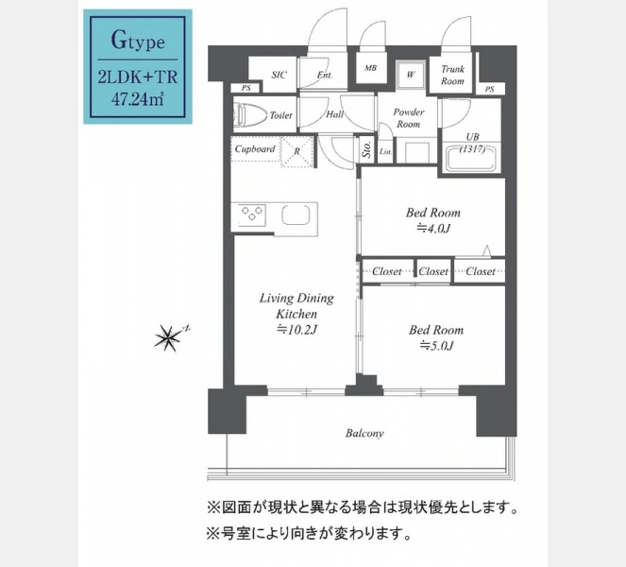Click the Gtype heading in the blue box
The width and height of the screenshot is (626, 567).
[x=138, y=41]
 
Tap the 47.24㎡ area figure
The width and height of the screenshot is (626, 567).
[x=137, y=99]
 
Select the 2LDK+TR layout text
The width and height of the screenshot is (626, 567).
[x=138, y=77]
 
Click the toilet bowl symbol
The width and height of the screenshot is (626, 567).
[x=250, y=114]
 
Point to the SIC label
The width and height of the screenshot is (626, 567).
[x=279, y=75]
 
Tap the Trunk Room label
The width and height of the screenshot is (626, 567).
[x=452, y=75]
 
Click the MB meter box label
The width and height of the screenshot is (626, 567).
[x=370, y=68]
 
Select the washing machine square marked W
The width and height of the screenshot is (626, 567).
[x=411, y=75]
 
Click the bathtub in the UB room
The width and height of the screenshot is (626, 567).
[x=473, y=159]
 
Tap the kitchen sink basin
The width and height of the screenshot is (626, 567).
[x=296, y=215]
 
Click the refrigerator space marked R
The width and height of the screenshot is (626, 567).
[x=296, y=152]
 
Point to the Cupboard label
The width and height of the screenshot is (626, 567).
[x=255, y=149]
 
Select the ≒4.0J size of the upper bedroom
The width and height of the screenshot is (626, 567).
[x=433, y=229]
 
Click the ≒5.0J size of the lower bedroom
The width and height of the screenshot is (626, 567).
[x=436, y=346]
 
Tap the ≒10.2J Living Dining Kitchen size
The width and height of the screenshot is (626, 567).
[x=296, y=330]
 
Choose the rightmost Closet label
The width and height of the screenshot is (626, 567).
[x=481, y=272]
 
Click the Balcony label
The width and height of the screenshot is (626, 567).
[x=364, y=434]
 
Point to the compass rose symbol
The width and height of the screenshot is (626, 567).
[x=168, y=337]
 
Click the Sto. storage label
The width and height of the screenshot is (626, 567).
[x=367, y=149]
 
